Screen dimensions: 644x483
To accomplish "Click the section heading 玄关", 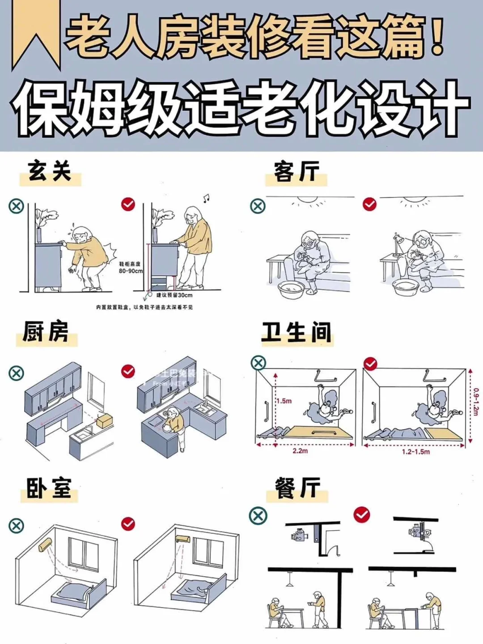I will [x=50, y=172].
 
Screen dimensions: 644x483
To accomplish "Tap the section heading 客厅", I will [x=297, y=173].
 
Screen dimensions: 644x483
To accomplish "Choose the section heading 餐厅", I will [x=297, y=488].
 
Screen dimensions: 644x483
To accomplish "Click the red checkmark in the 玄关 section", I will [x=128, y=204].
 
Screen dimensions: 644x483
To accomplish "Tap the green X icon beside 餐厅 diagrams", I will [x=258, y=516].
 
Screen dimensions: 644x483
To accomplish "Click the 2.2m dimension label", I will [x=300, y=451].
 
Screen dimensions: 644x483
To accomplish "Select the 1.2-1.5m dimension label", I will [x=415, y=452].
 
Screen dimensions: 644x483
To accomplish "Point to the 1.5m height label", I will [x=284, y=401].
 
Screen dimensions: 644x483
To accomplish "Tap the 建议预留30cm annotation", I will [x=174, y=295].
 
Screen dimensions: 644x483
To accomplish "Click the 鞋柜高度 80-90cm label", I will [x=130, y=267].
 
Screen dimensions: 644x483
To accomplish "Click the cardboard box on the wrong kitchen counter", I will [x=104, y=420].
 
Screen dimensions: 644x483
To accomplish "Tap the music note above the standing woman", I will [x=206, y=198].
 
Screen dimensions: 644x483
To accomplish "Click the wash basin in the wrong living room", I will [x=291, y=291].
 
